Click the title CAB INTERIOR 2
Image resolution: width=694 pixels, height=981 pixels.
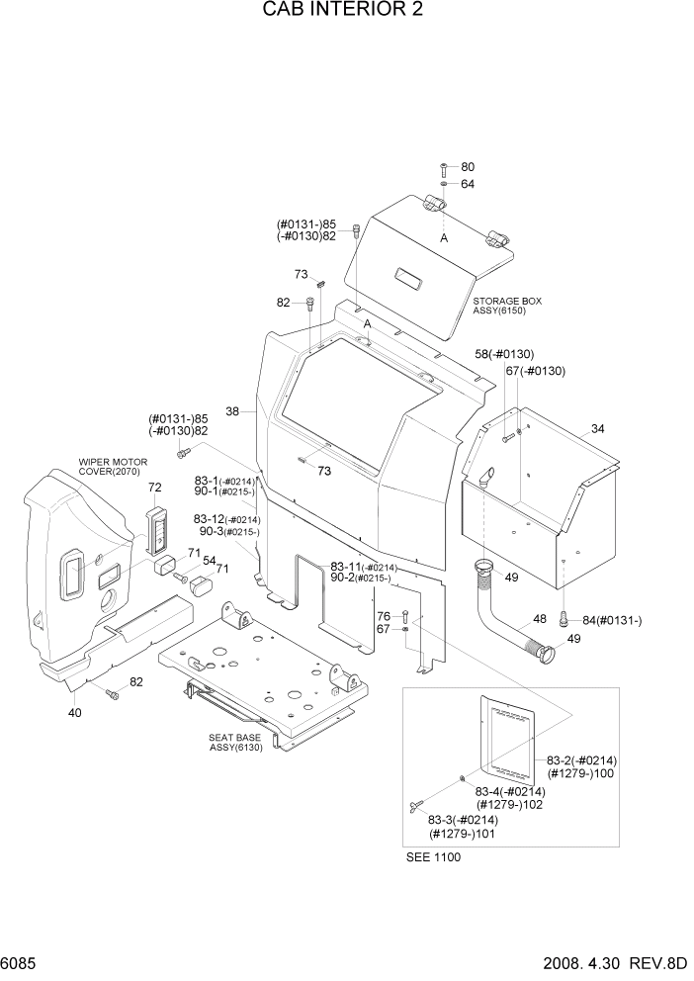346,14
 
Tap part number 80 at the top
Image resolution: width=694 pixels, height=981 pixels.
468,167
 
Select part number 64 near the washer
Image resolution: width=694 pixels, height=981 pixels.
468,184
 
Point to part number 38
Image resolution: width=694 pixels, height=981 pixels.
233,411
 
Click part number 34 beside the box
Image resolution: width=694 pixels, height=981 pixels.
597,428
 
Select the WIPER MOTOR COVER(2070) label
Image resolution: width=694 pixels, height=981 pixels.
114,467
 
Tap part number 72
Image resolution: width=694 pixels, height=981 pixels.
154,488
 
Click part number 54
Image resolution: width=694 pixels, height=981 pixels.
210,561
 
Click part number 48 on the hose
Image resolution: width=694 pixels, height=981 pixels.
540,619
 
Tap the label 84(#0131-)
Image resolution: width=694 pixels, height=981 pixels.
612,620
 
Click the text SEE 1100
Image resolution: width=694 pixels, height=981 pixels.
433,857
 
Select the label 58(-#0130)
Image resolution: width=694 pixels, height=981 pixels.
504,353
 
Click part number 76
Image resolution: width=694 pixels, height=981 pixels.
384,616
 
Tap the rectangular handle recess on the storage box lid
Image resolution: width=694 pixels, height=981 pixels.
406,276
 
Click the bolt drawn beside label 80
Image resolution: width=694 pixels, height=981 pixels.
444,166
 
